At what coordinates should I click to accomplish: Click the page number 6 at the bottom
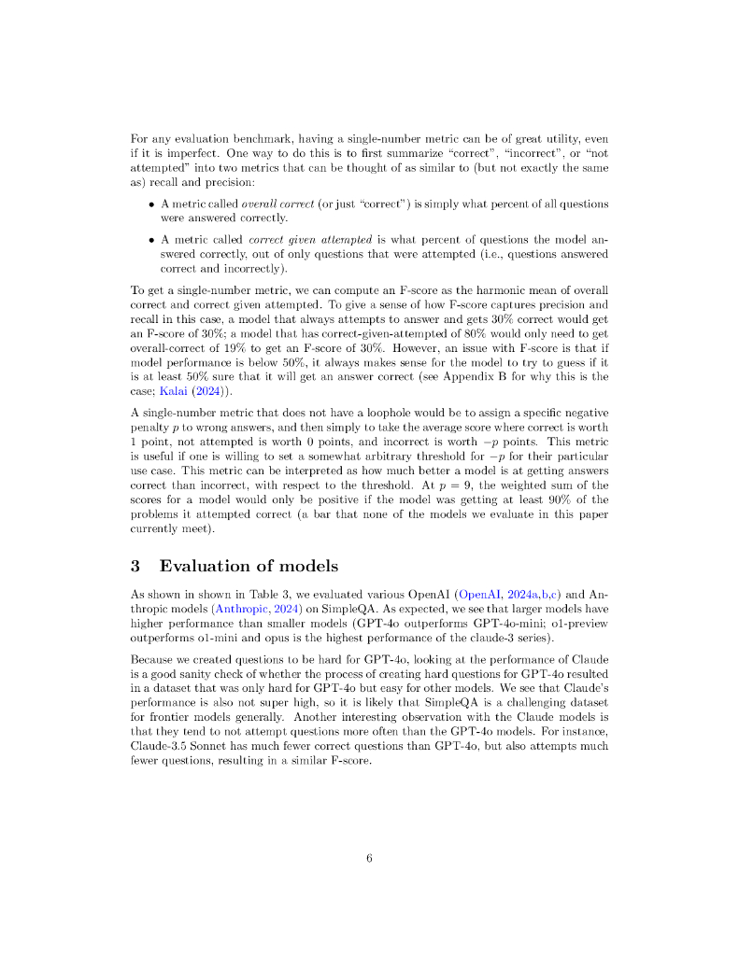click(x=369, y=859)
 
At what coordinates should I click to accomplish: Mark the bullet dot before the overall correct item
click(x=151, y=204)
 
